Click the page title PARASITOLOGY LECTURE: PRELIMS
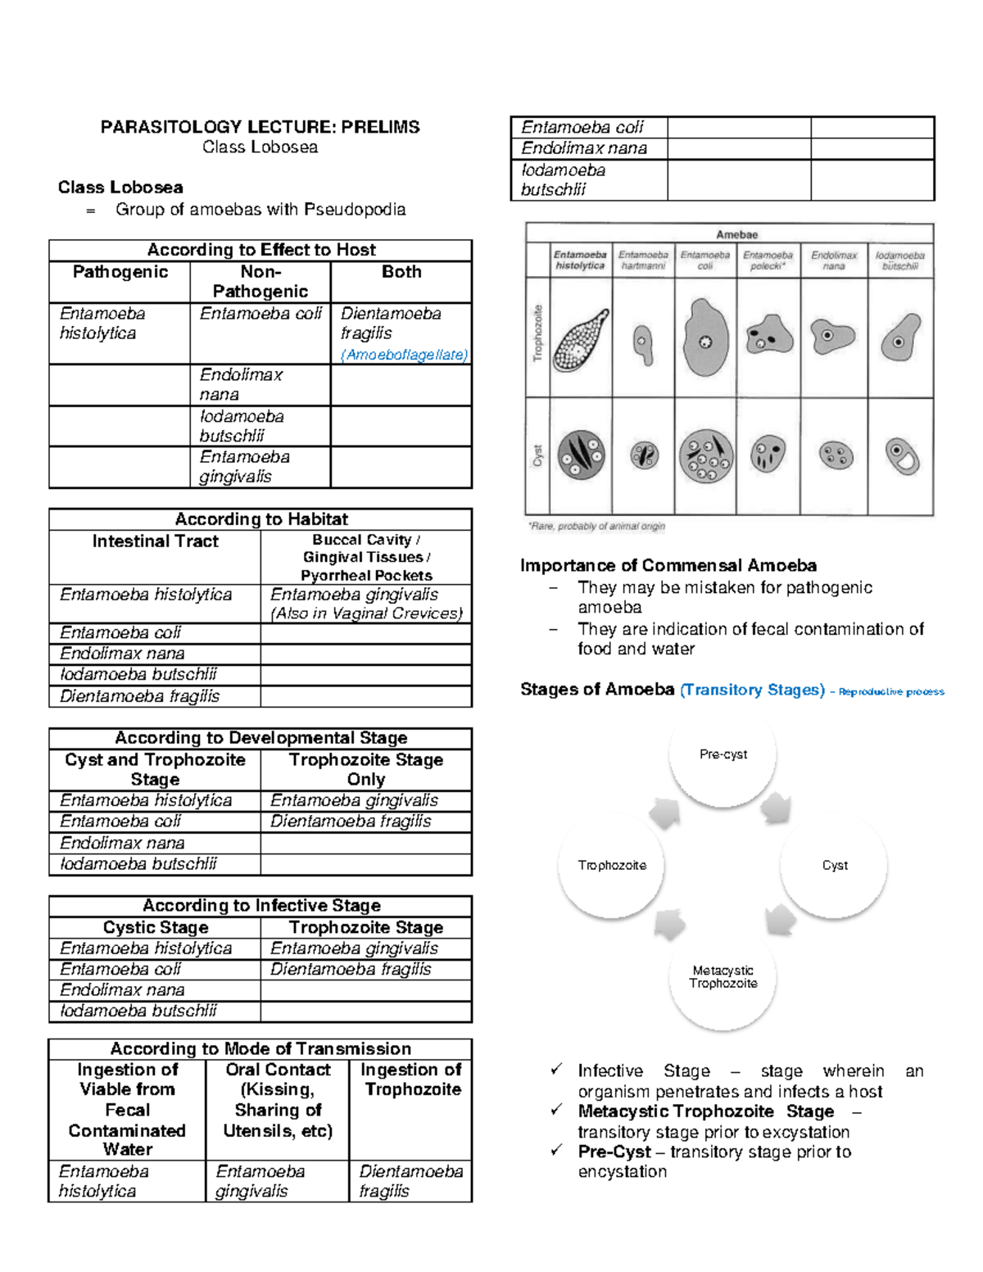[260, 127]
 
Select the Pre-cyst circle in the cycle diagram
[723, 754]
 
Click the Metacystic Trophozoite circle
[723, 976]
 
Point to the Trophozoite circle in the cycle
[611, 866]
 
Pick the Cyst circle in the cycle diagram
[834, 866]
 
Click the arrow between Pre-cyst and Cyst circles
[775, 808]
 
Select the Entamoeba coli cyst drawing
[705, 456]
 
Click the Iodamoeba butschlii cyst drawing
[902, 455]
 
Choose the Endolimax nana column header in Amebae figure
[833, 260]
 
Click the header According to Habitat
[260, 519]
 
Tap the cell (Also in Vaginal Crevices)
[366, 613]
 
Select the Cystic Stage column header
[156, 927]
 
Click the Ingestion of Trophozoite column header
[410, 1080]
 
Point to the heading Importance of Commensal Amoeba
[668, 566]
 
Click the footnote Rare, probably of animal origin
[596, 526]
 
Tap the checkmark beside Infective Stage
[557, 1070]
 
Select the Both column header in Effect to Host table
[401, 272]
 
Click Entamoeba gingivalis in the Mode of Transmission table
[260, 1181]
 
